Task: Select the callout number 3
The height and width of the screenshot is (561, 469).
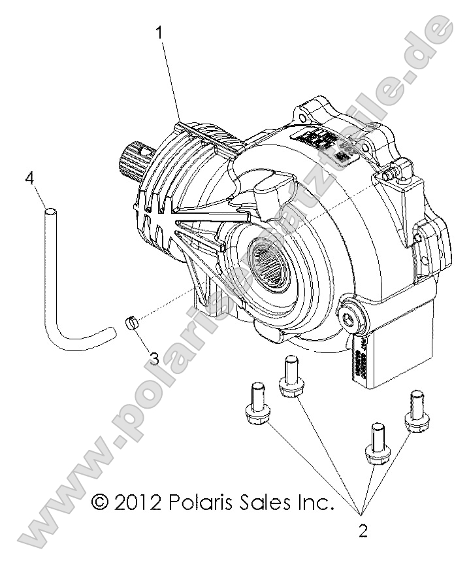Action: (x=154, y=357)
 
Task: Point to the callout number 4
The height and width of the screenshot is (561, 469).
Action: (x=28, y=177)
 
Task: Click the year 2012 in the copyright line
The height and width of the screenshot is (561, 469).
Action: (x=138, y=501)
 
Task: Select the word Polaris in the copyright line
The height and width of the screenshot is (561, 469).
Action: (x=202, y=501)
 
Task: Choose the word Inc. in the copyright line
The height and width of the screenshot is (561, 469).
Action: (x=315, y=501)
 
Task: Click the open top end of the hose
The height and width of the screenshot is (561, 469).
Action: (x=48, y=211)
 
